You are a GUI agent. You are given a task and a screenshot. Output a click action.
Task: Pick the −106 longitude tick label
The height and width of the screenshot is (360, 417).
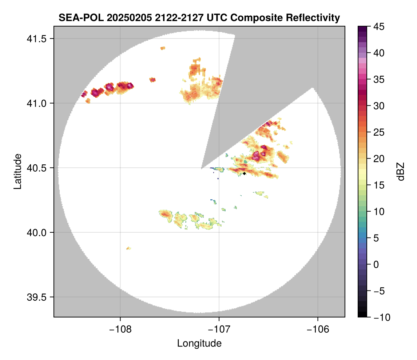point(318,329)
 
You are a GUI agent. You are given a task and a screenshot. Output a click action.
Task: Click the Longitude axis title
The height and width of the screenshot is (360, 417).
point(199,343)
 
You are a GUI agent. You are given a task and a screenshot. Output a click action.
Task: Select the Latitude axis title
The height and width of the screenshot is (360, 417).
point(17,171)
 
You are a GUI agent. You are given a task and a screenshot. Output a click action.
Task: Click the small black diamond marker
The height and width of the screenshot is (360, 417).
point(245,173)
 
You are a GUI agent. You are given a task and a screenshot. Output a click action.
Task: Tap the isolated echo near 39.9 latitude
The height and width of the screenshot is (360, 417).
point(128,248)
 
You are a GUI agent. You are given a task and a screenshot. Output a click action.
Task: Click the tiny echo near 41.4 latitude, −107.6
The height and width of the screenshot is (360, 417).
point(163,48)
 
